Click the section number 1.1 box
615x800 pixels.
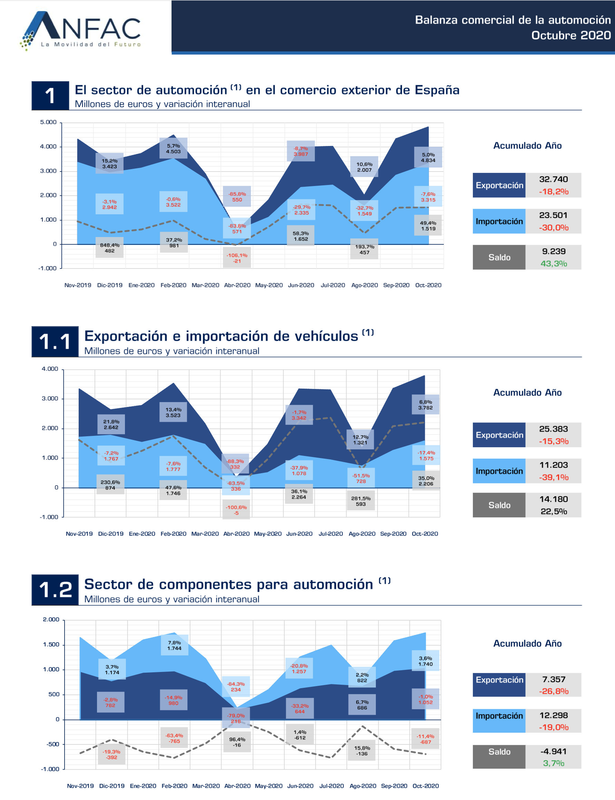pos(55,341)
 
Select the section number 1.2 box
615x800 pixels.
pos(55,589)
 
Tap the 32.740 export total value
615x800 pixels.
pos(553,179)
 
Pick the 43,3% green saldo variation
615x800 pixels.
pos(554,264)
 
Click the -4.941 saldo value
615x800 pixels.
pos(553,751)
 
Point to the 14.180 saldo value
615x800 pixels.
pos(553,499)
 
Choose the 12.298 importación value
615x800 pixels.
pos(553,715)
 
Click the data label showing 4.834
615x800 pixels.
pos(428,158)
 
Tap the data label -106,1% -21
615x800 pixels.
pos(237,258)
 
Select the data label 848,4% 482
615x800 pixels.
pos(109,248)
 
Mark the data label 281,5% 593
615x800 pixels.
pos(361,501)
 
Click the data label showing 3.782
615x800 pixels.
pos(426,405)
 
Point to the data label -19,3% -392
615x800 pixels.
pos(111,754)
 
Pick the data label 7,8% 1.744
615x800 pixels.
pos(174,645)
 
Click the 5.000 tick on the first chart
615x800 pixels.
pos(48,122)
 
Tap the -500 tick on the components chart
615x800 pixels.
pos(52,744)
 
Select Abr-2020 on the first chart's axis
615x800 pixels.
pos(237,285)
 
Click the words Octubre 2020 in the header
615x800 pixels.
pos(571,36)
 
